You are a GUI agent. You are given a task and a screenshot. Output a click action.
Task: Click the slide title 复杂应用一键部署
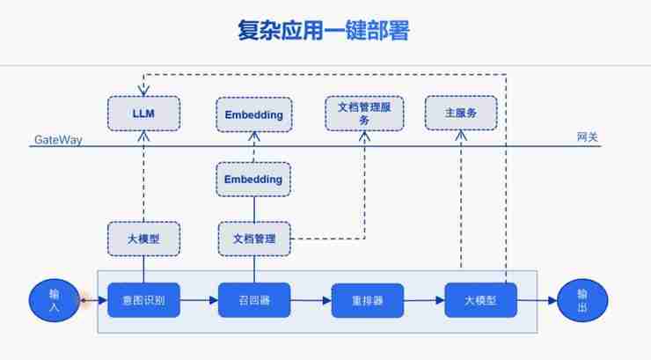[x=324, y=31]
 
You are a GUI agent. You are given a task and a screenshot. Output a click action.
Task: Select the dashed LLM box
[x=143, y=114]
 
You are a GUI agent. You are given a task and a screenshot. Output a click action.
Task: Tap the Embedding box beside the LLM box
[x=253, y=114]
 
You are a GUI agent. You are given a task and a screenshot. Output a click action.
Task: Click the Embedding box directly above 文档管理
[x=253, y=180]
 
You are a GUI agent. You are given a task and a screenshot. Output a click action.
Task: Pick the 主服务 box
[x=461, y=113]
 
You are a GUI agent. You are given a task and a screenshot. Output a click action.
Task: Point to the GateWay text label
[x=58, y=140]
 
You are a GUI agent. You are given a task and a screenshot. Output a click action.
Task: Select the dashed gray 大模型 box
[x=143, y=238]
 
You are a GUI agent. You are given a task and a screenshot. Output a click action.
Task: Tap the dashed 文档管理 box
[x=253, y=238]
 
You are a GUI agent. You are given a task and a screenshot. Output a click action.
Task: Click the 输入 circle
[x=55, y=300]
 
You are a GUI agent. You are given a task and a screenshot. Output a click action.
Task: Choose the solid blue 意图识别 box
[x=143, y=301]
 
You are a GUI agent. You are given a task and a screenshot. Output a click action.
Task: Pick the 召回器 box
[x=254, y=301]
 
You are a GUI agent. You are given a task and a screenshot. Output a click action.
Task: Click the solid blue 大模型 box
[x=480, y=301]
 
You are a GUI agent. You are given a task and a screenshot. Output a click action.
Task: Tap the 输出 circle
[x=582, y=300]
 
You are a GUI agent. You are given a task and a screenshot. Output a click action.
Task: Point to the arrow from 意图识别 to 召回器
[x=199, y=301]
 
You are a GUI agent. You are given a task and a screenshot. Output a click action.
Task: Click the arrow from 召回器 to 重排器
[x=310, y=301]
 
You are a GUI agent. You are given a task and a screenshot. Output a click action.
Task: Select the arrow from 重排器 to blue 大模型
[x=423, y=301]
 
